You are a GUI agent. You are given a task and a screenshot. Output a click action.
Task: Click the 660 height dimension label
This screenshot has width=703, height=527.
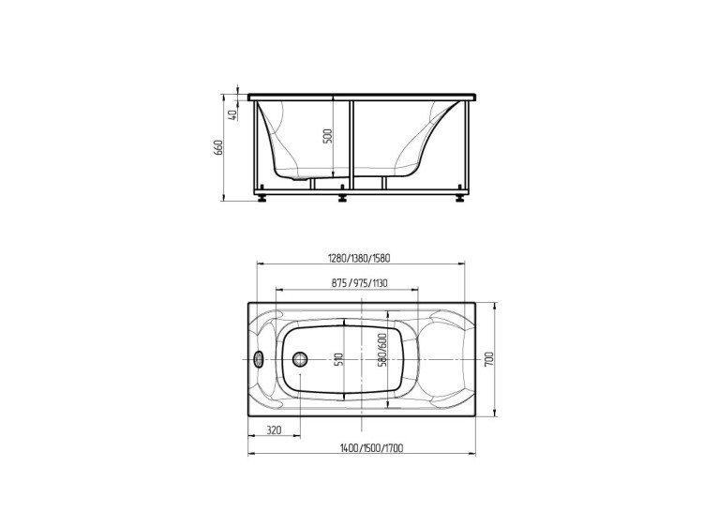(x=218, y=148)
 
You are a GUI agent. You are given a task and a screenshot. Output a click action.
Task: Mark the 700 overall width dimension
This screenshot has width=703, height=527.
(x=489, y=359)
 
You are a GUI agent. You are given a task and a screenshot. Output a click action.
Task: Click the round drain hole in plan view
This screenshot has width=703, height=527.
(x=301, y=359)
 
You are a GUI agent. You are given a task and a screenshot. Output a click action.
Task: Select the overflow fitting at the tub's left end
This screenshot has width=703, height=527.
(x=261, y=359)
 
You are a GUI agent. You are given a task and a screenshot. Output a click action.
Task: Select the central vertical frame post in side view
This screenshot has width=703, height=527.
(x=351, y=145)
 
